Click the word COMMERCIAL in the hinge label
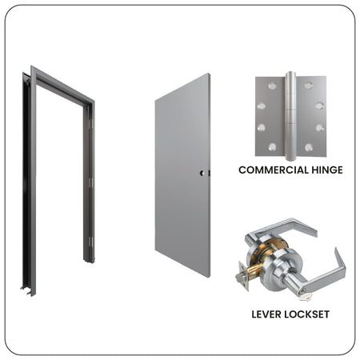point(269,170)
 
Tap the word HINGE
point(323,170)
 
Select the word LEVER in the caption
point(266,314)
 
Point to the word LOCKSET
point(306,314)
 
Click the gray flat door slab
point(182,175)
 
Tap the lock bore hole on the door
point(202,173)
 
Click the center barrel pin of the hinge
point(290,116)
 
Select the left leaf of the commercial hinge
point(270,117)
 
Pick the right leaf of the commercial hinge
point(311,117)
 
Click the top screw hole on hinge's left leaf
point(272,86)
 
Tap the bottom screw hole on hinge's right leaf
point(309,147)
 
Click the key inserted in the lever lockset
point(305,296)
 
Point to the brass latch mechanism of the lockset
point(254,270)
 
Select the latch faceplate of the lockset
point(243,276)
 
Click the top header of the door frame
point(62,85)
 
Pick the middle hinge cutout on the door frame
point(91,182)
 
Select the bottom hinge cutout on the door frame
point(91,242)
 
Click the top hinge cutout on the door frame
point(91,124)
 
